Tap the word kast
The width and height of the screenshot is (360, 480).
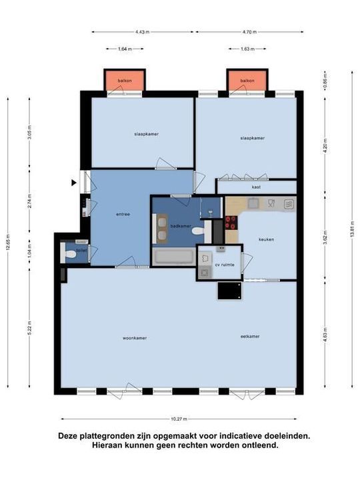point(256,187)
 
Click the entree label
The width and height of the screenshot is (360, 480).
point(122,214)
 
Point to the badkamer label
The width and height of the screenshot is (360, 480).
point(181,226)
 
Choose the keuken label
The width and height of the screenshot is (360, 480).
point(267,239)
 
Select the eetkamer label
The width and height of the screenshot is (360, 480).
point(250,337)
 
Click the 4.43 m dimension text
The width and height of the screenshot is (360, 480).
point(142,31)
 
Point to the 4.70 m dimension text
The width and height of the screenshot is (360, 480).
point(249,31)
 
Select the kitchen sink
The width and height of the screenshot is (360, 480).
point(289,205)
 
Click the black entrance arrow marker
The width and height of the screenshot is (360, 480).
point(74,182)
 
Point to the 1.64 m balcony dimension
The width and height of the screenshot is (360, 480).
point(124,49)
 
